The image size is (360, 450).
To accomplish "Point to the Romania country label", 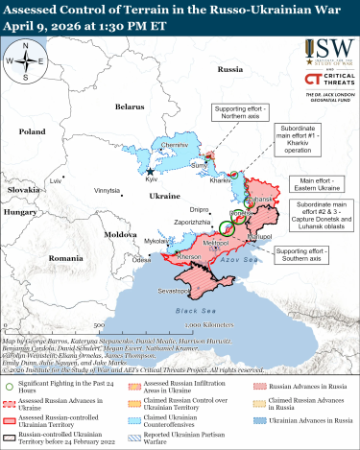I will click(x=66, y=259).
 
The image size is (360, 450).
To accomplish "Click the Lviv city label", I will click(x=56, y=179).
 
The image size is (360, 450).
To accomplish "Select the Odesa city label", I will click(x=142, y=259).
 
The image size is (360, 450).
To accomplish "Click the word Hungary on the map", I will click(x=20, y=210).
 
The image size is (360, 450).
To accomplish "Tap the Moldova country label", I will click(x=121, y=234).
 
